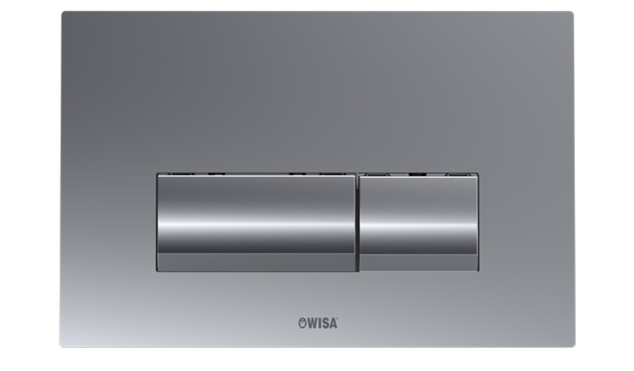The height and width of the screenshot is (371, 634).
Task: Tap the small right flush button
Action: coord(419,222)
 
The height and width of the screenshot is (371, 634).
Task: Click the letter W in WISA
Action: coord(312,323)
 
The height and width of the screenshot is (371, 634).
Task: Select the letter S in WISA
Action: coord(325,323)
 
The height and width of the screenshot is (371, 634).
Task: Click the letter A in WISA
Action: coord(333,323)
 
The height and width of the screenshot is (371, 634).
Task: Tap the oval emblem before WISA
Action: coord(302,323)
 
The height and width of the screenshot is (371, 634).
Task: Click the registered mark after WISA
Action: coord(337,320)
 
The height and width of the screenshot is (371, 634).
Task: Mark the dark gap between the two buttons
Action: coord(357,222)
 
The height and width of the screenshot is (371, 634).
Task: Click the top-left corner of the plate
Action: coord(62,12)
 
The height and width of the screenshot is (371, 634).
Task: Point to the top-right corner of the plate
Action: coord(574,12)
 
